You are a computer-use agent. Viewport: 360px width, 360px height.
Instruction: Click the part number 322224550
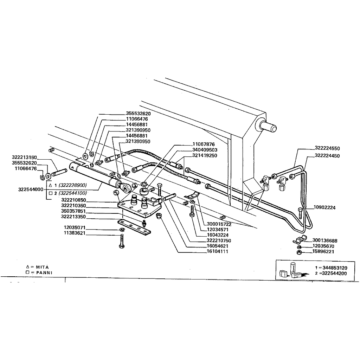pos(327,148)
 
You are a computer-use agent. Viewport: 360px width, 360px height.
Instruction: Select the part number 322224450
pos(327,155)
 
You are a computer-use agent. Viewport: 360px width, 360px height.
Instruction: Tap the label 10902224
pos(325,208)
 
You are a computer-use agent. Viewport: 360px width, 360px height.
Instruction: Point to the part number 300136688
pos(325,241)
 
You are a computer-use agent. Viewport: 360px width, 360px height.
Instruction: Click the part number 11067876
pos(203,144)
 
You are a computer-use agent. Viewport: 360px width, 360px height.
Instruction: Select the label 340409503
pos(205,150)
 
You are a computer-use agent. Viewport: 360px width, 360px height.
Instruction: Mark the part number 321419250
pos(205,155)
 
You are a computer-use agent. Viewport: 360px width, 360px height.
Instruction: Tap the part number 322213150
pos(24,157)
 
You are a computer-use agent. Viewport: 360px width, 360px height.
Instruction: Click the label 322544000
pos(31,189)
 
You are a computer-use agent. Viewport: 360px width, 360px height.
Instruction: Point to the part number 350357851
pos(73,211)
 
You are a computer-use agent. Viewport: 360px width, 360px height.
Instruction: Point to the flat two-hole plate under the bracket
pos(135,227)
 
